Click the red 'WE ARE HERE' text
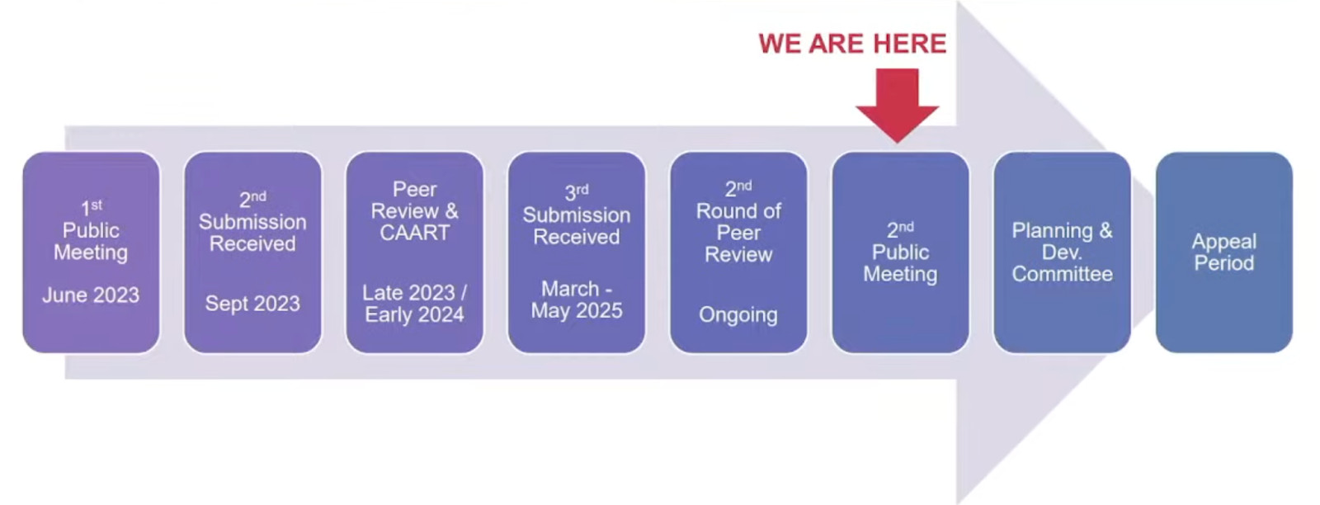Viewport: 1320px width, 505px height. pos(852,45)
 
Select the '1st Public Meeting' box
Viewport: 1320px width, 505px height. pos(92,252)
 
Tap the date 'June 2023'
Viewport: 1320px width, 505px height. pos(91,295)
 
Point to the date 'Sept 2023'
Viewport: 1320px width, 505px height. pos(252,304)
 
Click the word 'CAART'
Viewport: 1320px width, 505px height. pos(415,233)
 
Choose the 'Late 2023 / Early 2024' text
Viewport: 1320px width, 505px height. pos(415,304)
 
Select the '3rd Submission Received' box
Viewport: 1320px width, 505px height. pos(577,252)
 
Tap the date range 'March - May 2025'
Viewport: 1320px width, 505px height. pos(577,300)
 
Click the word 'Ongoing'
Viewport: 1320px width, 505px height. pos(738,314)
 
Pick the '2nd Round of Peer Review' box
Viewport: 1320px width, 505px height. pos(738,252)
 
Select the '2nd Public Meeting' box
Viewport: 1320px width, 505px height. pos(900,252)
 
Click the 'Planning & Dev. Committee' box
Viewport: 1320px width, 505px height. pos(1062,252)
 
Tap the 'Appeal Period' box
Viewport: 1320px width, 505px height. pos(1224,252)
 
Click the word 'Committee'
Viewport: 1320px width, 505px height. pos(1063,274)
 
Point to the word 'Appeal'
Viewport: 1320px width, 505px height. pos(1224,242)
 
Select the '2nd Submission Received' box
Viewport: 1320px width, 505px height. pos(252,252)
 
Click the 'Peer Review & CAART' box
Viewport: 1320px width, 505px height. pos(415,252)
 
